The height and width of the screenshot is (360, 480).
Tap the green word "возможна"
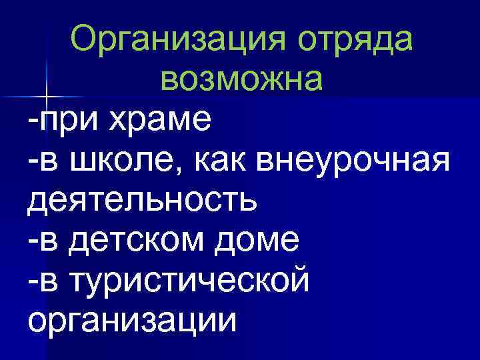click(x=241, y=81)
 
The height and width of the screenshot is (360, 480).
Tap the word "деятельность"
click(x=142, y=199)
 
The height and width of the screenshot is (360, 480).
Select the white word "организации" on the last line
click(x=133, y=318)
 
